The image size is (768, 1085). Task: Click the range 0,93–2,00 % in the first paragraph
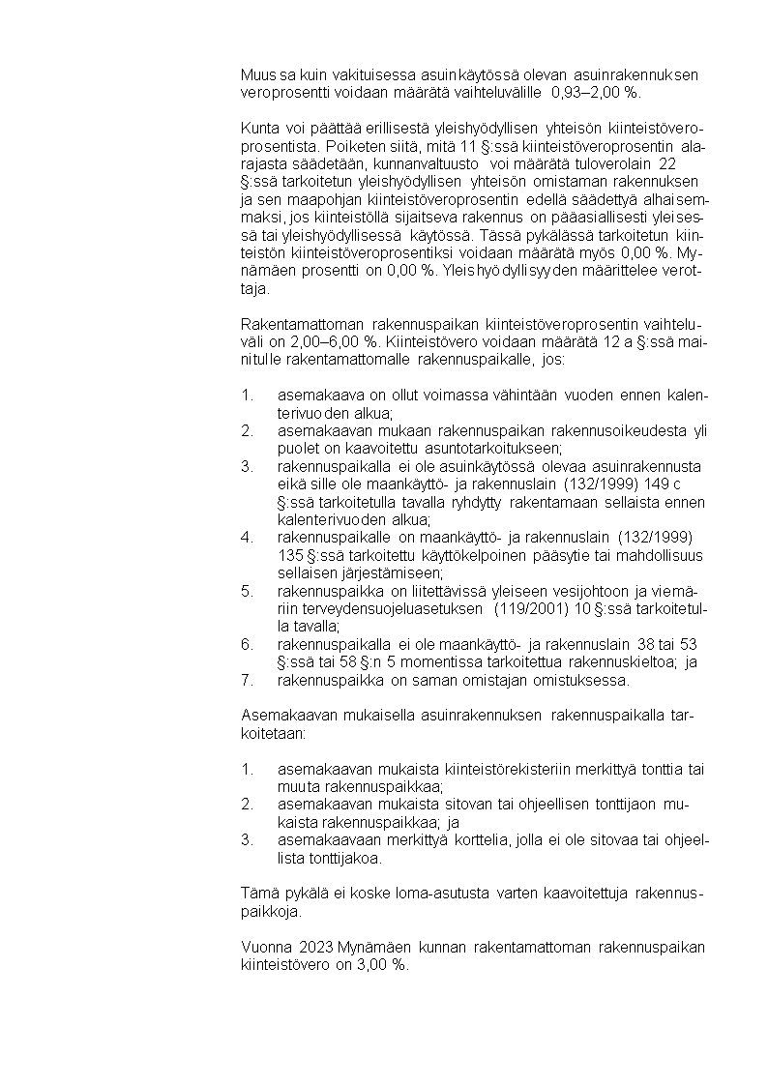tap(594, 93)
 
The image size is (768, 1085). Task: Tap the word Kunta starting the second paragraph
tap(259, 129)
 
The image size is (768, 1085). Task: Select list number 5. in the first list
tap(247, 590)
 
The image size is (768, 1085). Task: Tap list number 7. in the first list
tap(247, 680)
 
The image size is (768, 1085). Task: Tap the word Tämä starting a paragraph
tap(257, 893)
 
